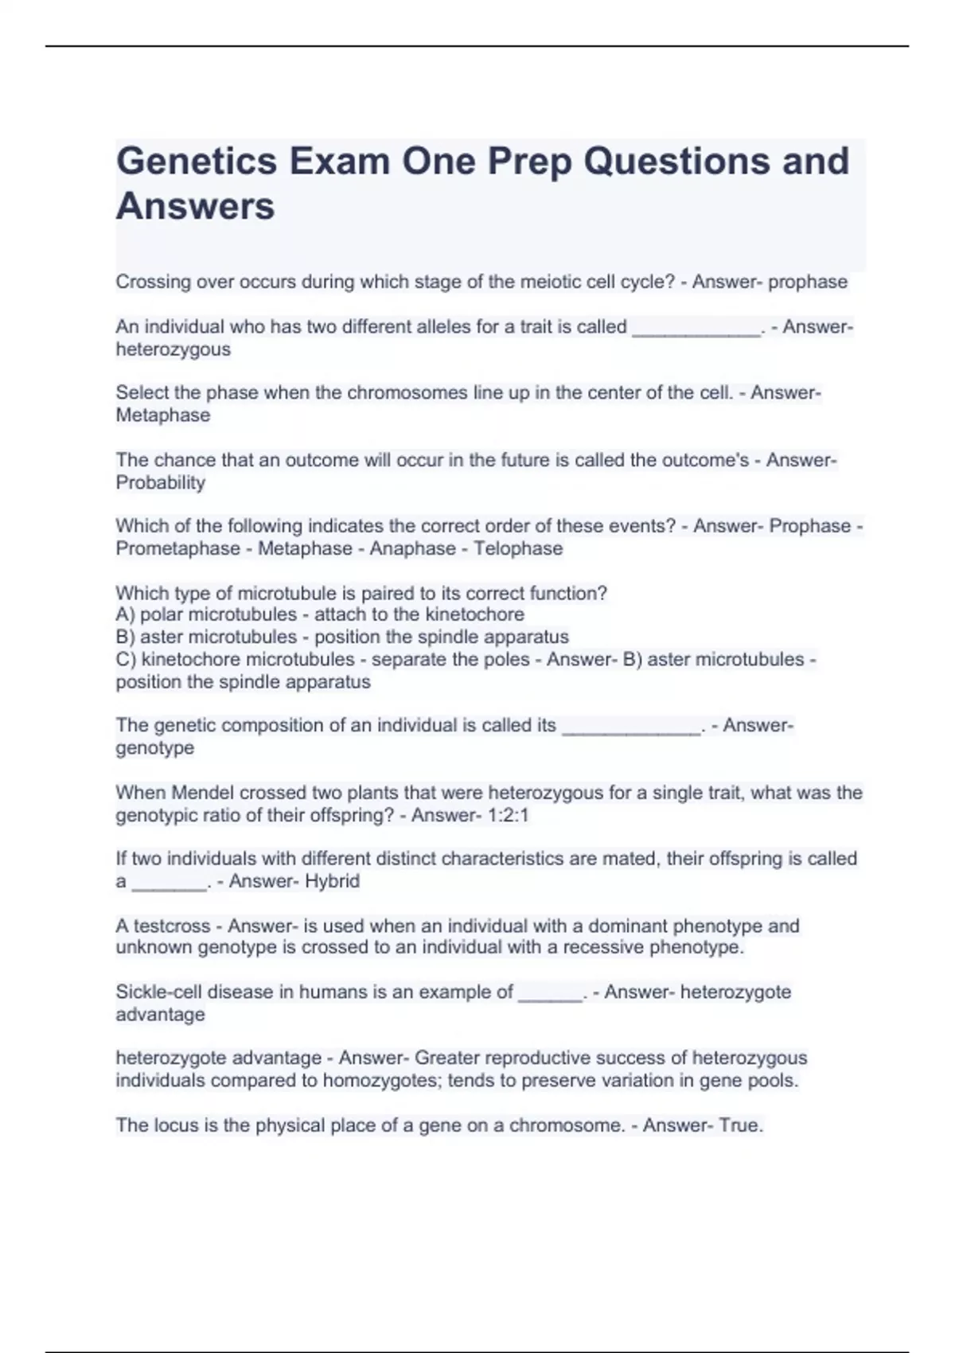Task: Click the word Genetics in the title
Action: point(196,162)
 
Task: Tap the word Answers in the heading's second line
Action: point(196,206)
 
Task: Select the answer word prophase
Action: point(808,282)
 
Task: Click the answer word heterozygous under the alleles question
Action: point(173,349)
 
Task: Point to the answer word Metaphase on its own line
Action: point(163,415)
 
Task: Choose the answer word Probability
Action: point(160,482)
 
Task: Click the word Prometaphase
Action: point(177,548)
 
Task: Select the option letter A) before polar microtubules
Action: point(127,614)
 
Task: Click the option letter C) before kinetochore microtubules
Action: point(127,660)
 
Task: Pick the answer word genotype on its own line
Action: point(154,748)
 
